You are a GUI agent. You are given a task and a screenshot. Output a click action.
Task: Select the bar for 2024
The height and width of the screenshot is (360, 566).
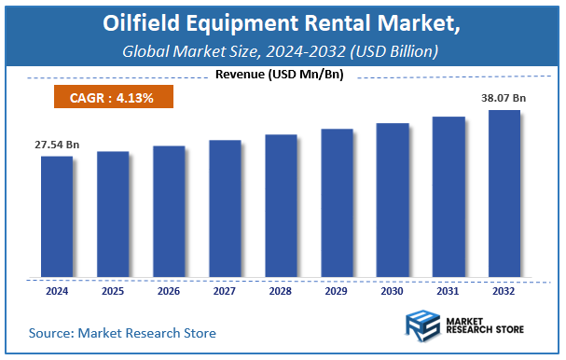[57, 216]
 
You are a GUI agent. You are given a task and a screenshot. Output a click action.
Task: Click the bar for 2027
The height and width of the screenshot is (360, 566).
[225, 209]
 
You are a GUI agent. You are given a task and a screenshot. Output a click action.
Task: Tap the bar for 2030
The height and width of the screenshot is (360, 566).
[393, 201]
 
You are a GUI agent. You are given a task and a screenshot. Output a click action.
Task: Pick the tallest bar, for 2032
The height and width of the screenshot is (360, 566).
[504, 194]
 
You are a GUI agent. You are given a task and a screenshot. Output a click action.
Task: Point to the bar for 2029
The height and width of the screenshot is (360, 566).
[337, 203]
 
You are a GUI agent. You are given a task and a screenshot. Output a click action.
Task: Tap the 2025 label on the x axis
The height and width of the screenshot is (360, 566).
[113, 291]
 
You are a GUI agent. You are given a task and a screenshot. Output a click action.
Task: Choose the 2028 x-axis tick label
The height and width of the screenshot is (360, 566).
[281, 291]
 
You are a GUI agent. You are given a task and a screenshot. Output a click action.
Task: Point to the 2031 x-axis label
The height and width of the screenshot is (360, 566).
[449, 291]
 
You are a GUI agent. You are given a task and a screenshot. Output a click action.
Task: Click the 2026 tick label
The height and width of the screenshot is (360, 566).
[169, 291]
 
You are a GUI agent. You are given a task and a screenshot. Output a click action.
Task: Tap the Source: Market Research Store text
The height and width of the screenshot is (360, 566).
[122, 332]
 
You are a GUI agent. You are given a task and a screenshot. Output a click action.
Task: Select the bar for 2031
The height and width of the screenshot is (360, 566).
[449, 197]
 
